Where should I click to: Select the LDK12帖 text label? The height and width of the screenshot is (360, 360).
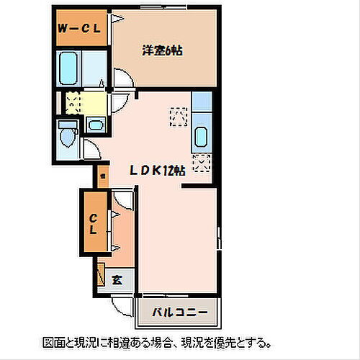tap(158, 171)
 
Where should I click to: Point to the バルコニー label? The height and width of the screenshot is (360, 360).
tap(179, 312)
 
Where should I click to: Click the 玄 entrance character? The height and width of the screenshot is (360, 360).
tap(117, 280)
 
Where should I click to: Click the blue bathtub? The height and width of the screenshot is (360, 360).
tap(69, 68)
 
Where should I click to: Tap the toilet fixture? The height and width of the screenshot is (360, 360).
tap(69, 135)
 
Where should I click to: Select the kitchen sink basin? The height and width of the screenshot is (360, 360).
tap(201, 135)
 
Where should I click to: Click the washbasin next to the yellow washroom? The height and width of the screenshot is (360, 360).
tap(95, 126)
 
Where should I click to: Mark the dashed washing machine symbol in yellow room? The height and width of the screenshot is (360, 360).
tap(73, 102)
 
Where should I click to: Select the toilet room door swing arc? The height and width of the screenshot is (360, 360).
tap(91, 150)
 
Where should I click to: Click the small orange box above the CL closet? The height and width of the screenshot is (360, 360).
tap(102, 176)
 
